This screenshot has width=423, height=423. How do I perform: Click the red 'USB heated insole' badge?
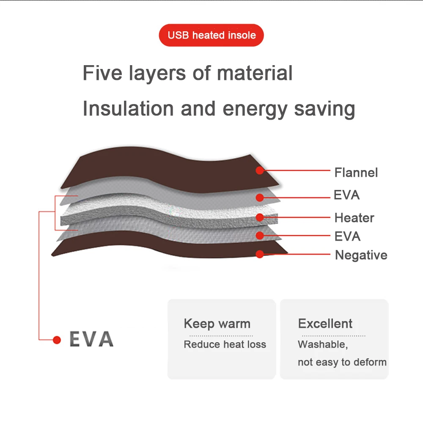point(211,35)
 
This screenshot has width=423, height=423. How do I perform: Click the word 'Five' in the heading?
point(102,73)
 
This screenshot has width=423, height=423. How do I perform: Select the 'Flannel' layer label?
point(356,173)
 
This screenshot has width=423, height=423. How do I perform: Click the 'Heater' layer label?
point(354,218)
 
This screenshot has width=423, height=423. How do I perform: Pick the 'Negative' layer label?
point(361,255)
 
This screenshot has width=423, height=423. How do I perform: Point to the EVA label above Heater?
point(346,195)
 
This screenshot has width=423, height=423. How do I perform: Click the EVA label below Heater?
point(347,236)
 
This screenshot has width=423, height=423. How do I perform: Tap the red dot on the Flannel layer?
point(260,170)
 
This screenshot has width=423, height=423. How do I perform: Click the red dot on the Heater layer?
point(260,217)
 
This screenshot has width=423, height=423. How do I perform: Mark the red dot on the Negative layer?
point(260,254)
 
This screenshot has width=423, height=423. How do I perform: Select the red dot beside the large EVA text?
point(57,340)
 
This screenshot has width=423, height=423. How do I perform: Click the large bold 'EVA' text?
point(91,339)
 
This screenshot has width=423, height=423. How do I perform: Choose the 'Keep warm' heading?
point(217,324)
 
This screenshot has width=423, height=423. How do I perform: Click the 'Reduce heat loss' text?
point(225,344)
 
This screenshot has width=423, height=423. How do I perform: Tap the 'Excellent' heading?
point(325,324)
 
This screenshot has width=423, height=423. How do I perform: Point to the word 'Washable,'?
point(322,344)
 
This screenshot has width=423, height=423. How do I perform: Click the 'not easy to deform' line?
point(342,362)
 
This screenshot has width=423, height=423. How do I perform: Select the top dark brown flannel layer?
point(169,169)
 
